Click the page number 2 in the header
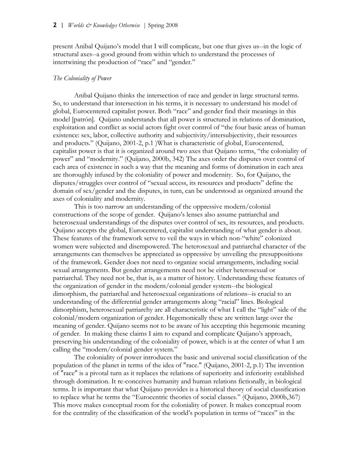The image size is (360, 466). click(x=55, y=25)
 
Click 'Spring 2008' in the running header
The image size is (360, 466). click(x=163, y=25)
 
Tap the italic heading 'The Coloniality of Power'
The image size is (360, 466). click(x=82, y=78)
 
